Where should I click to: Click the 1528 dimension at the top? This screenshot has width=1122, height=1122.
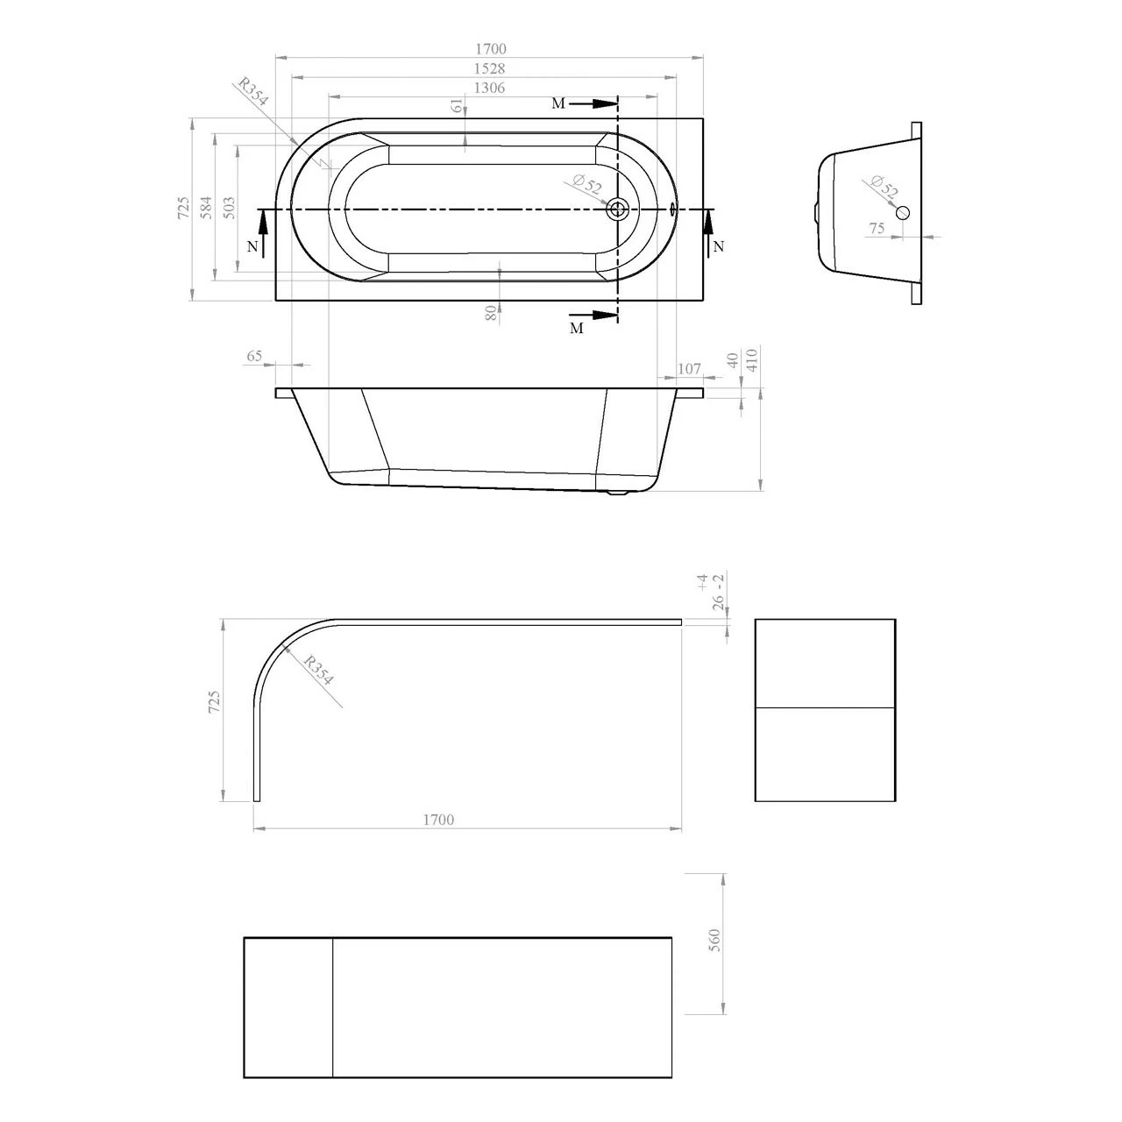point(489,68)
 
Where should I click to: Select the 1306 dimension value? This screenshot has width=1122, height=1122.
point(489,88)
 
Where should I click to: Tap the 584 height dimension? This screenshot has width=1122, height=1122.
point(206,207)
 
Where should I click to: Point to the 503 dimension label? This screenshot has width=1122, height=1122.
point(229,207)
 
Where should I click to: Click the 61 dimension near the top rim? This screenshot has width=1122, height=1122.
point(457,106)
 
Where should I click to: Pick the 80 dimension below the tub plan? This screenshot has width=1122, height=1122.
point(492,312)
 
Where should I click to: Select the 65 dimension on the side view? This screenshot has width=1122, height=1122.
point(254,356)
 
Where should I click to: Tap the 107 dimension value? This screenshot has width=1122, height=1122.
point(690,368)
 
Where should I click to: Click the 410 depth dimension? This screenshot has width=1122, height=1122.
point(751,360)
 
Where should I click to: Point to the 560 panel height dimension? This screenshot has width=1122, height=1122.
point(714,941)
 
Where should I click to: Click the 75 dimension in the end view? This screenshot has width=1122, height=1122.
point(877,228)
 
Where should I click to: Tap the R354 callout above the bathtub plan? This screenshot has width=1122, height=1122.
point(252,96)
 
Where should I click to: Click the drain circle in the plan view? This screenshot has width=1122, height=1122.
point(618,209)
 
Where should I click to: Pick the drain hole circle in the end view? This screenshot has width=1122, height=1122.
point(903,212)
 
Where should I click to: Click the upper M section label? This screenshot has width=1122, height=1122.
point(558,104)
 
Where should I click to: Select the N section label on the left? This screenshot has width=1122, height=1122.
point(252,247)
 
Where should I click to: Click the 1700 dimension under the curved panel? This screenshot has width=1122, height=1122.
point(438,820)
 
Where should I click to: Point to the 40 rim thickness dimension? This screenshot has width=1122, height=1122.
point(732,360)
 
